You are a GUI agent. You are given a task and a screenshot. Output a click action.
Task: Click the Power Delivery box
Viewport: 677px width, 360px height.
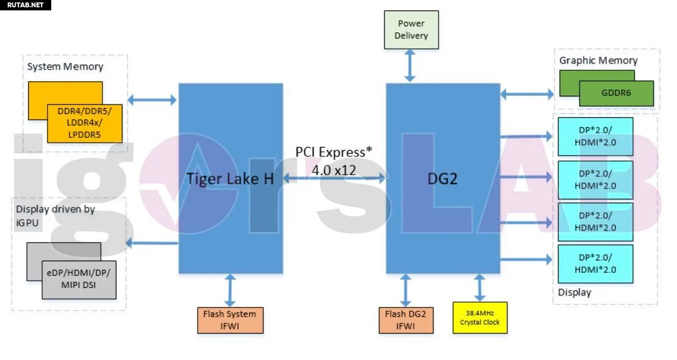click(411, 29)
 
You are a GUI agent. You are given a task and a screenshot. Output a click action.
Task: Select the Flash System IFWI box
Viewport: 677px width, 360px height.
click(230, 320)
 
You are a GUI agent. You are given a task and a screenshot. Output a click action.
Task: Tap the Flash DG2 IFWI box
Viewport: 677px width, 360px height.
click(406, 320)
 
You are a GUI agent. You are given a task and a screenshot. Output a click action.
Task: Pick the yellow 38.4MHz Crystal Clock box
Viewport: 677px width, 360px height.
click(479, 317)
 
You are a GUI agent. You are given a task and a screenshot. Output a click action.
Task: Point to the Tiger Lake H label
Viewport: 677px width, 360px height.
click(230, 179)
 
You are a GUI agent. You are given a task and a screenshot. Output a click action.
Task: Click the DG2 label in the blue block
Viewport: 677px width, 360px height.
click(443, 179)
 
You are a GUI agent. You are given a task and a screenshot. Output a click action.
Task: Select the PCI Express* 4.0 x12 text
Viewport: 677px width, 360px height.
click(334, 160)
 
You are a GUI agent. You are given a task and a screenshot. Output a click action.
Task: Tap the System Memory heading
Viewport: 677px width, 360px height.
click(65, 67)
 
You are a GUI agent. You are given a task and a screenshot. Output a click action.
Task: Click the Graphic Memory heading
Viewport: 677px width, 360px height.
click(598, 60)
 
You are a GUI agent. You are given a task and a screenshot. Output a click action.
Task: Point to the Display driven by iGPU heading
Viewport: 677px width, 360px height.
click(56, 216)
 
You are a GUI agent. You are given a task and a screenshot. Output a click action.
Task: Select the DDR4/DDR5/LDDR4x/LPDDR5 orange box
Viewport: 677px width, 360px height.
click(85, 123)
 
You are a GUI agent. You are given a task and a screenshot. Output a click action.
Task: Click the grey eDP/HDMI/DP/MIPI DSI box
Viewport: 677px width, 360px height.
click(79, 280)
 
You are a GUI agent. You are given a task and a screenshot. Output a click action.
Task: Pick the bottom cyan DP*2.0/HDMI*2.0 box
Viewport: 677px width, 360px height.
click(595, 263)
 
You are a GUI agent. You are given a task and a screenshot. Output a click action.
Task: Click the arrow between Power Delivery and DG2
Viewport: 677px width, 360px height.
click(410, 66)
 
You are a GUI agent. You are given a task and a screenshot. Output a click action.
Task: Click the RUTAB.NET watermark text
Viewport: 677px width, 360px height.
click(25, 5)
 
